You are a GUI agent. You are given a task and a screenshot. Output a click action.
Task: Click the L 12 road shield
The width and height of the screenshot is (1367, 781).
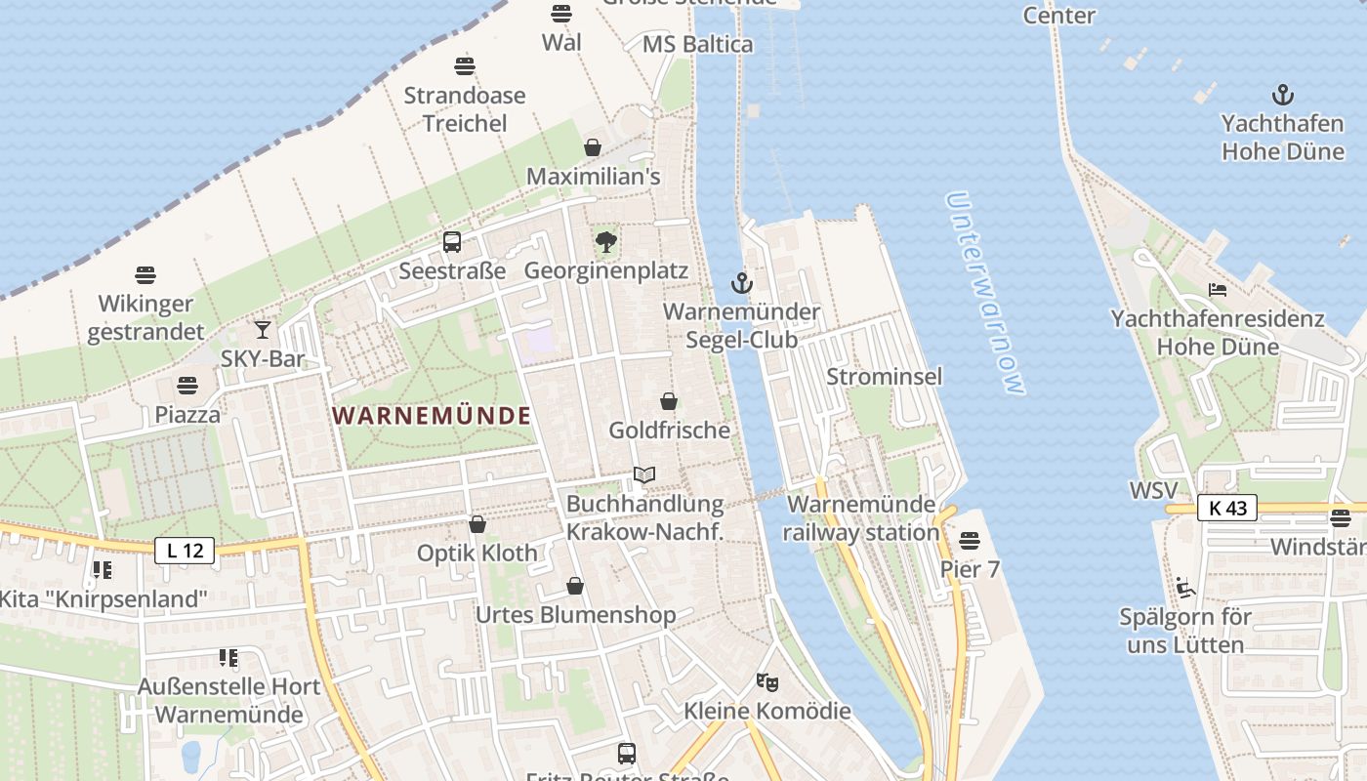click(x=185, y=551)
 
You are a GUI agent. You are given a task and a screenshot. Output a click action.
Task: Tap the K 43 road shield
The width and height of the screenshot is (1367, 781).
click(x=1227, y=508)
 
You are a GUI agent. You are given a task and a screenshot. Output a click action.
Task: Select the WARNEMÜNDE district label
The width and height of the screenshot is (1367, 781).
click(x=432, y=416)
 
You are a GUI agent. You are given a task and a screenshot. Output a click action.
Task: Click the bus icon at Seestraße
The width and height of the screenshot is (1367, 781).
click(x=451, y=242)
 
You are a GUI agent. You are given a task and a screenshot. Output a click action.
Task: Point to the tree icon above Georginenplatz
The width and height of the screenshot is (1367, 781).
click(x=606, y=241)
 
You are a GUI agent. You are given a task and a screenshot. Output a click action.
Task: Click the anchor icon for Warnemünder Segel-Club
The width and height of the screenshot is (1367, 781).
click(x=742, y=284)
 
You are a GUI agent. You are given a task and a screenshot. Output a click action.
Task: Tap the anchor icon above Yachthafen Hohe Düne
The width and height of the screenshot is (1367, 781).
click(x=1282, y=95)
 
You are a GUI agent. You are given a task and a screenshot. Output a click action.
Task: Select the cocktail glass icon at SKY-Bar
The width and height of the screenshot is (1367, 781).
click(x=262, y=330)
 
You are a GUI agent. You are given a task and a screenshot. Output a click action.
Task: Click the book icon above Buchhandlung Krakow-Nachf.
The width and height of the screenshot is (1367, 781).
click(x=643, y=475)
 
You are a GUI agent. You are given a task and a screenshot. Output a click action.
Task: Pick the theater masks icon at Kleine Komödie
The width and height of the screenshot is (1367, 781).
click(x=767, y=681)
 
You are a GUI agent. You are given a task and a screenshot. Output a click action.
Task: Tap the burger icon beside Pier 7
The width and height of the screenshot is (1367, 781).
click(x=970, y=540)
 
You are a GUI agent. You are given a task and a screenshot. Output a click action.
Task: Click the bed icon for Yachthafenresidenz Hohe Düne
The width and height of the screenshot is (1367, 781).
click(x=1217, y=289)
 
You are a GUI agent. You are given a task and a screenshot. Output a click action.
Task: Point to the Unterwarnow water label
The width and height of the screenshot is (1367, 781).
click(x=985, y=293)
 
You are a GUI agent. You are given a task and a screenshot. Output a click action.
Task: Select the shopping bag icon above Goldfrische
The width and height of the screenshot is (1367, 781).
click(x=669, y=401)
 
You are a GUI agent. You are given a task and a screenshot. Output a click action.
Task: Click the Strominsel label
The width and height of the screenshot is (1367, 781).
click(x=885, y=377)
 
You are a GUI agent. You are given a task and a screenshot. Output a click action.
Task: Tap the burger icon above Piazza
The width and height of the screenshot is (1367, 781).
click(x=187, y=386)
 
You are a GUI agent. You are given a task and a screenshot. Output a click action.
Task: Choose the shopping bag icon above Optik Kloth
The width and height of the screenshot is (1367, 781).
click(x=477, y=524)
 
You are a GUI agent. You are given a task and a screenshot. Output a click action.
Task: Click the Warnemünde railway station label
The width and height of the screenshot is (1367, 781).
click(x=860, y=518)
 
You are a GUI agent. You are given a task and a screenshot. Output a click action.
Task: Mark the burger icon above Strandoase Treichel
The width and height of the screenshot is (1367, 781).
click(x=465, y=66)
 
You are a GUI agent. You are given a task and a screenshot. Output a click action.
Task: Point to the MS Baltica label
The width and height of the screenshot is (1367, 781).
click(x=697, y=44)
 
